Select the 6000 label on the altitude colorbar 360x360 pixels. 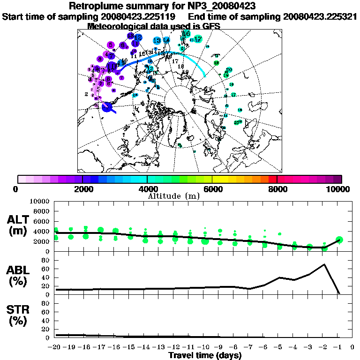pyautogui.click(x=212, y=189)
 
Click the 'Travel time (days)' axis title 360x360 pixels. pyautogui.click(x=205, y=356)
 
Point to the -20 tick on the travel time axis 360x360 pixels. pyautogui.click(x=55, y=347)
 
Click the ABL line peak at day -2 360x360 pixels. pyautogui.click(x=324, y=264)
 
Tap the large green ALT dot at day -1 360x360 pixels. pyautogui.click(x=339, y=240)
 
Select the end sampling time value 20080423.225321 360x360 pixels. pyautogui.click(x=320, y=16)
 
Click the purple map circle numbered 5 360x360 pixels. pyautogui.click(x=111, y=45)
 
